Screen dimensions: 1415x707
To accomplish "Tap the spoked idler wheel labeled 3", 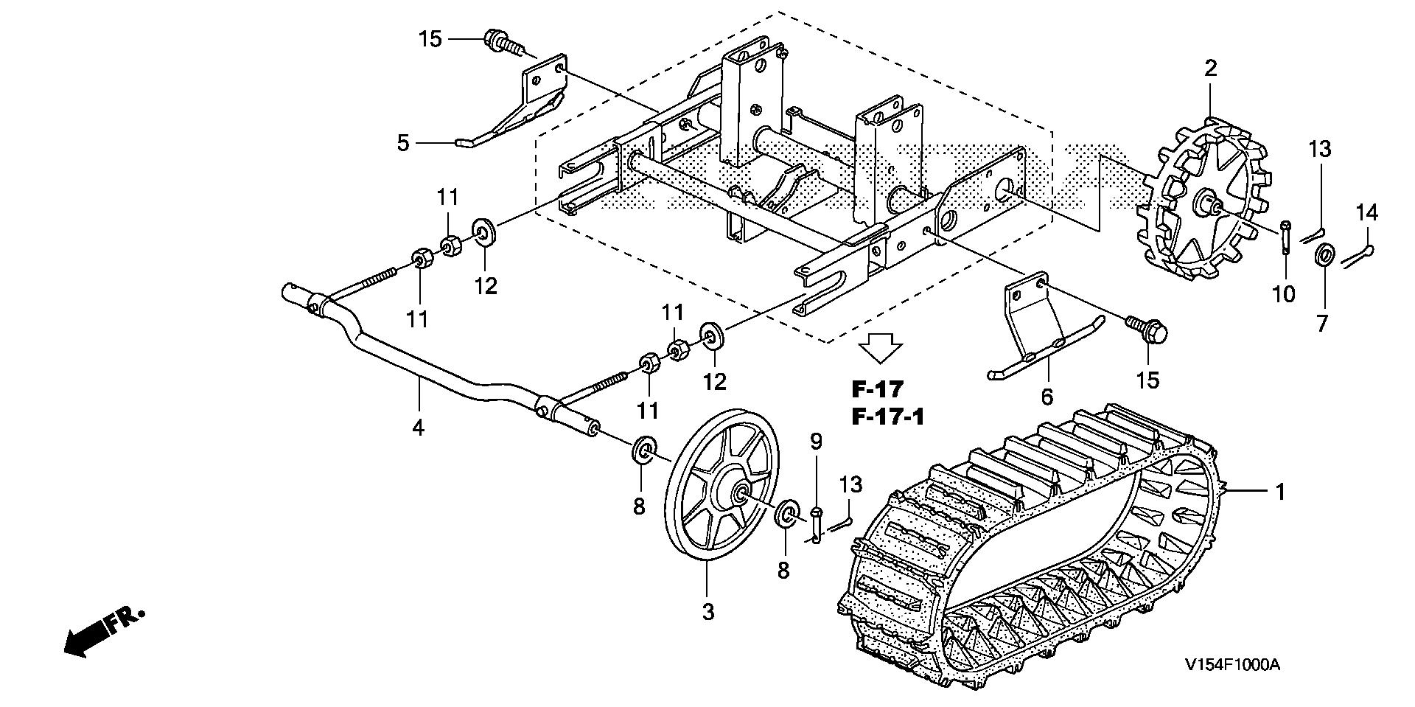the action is (x=722, y=494).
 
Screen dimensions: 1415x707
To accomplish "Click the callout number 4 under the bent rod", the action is (x=418, y=427).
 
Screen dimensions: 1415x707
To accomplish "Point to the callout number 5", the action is (x=402, y=142).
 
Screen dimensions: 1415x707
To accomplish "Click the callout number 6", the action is (x=1047, y=397).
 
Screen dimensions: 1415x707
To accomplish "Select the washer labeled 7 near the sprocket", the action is (x=1324, y=255).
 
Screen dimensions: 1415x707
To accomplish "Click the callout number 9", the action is (x=816, y=442).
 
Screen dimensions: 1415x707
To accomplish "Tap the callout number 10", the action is (x=1283, y=294).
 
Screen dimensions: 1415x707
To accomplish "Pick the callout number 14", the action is (x=1366, y=213).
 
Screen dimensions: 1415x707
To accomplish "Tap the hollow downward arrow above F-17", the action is (x=881, y=347).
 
